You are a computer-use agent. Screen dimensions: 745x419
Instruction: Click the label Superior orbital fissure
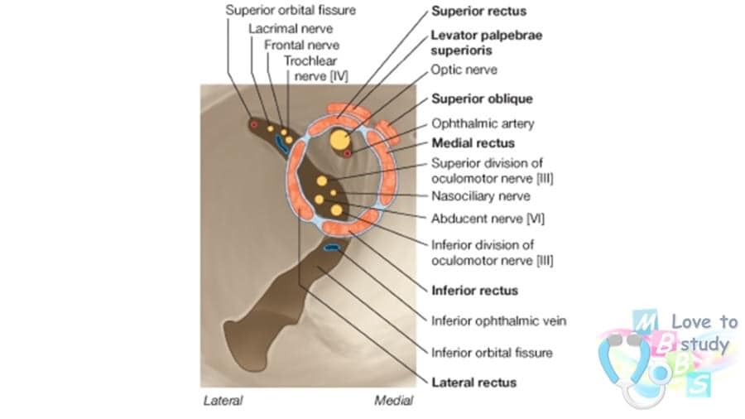coord(291,10)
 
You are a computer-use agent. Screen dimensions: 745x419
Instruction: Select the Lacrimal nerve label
coord(291,28)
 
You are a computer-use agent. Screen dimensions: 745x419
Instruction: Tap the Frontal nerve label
coord(301,46)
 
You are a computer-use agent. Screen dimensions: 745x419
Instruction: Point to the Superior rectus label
coord(478,11)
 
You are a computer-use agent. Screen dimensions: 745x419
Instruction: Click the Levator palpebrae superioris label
coord(486,43)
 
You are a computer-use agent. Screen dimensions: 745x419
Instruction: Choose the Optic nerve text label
coord(464,70)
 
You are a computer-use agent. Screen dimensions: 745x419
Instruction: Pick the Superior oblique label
coord(482,99)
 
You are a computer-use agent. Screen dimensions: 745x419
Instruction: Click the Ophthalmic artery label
coord(483,123)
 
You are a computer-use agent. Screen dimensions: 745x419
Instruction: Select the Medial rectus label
coord(473,143)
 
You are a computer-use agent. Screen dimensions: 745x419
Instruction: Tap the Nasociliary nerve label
coord(480,195)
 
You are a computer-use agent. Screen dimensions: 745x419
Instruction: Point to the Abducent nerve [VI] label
coord(488,219)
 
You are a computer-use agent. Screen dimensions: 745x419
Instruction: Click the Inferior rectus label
coord(474,291)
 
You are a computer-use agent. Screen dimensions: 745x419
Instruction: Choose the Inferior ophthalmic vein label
coord(498,321)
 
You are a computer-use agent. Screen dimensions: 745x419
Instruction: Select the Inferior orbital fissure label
coord(492,353)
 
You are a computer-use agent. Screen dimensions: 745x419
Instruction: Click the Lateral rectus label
coord(473,383)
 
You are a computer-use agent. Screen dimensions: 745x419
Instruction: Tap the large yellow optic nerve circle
coord(339,140)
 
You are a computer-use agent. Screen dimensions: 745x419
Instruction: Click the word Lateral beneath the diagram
coord(223,401)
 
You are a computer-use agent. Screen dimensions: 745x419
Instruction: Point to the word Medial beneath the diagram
coord(393,401)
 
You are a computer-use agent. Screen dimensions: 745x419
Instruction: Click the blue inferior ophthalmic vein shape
coord(331,248)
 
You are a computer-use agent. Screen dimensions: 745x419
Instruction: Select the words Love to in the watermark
coord(704,321)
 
